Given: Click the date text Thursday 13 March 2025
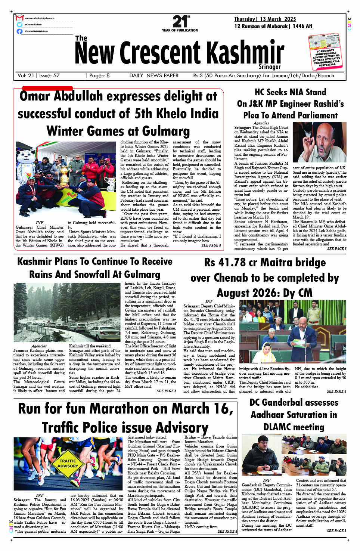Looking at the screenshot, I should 265,19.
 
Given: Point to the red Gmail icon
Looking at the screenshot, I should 19,18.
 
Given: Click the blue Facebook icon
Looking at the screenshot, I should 19,31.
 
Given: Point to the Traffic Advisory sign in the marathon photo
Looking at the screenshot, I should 68,463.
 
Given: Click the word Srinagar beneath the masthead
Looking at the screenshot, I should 270,67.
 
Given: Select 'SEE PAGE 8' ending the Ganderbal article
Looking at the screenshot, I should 336,530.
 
